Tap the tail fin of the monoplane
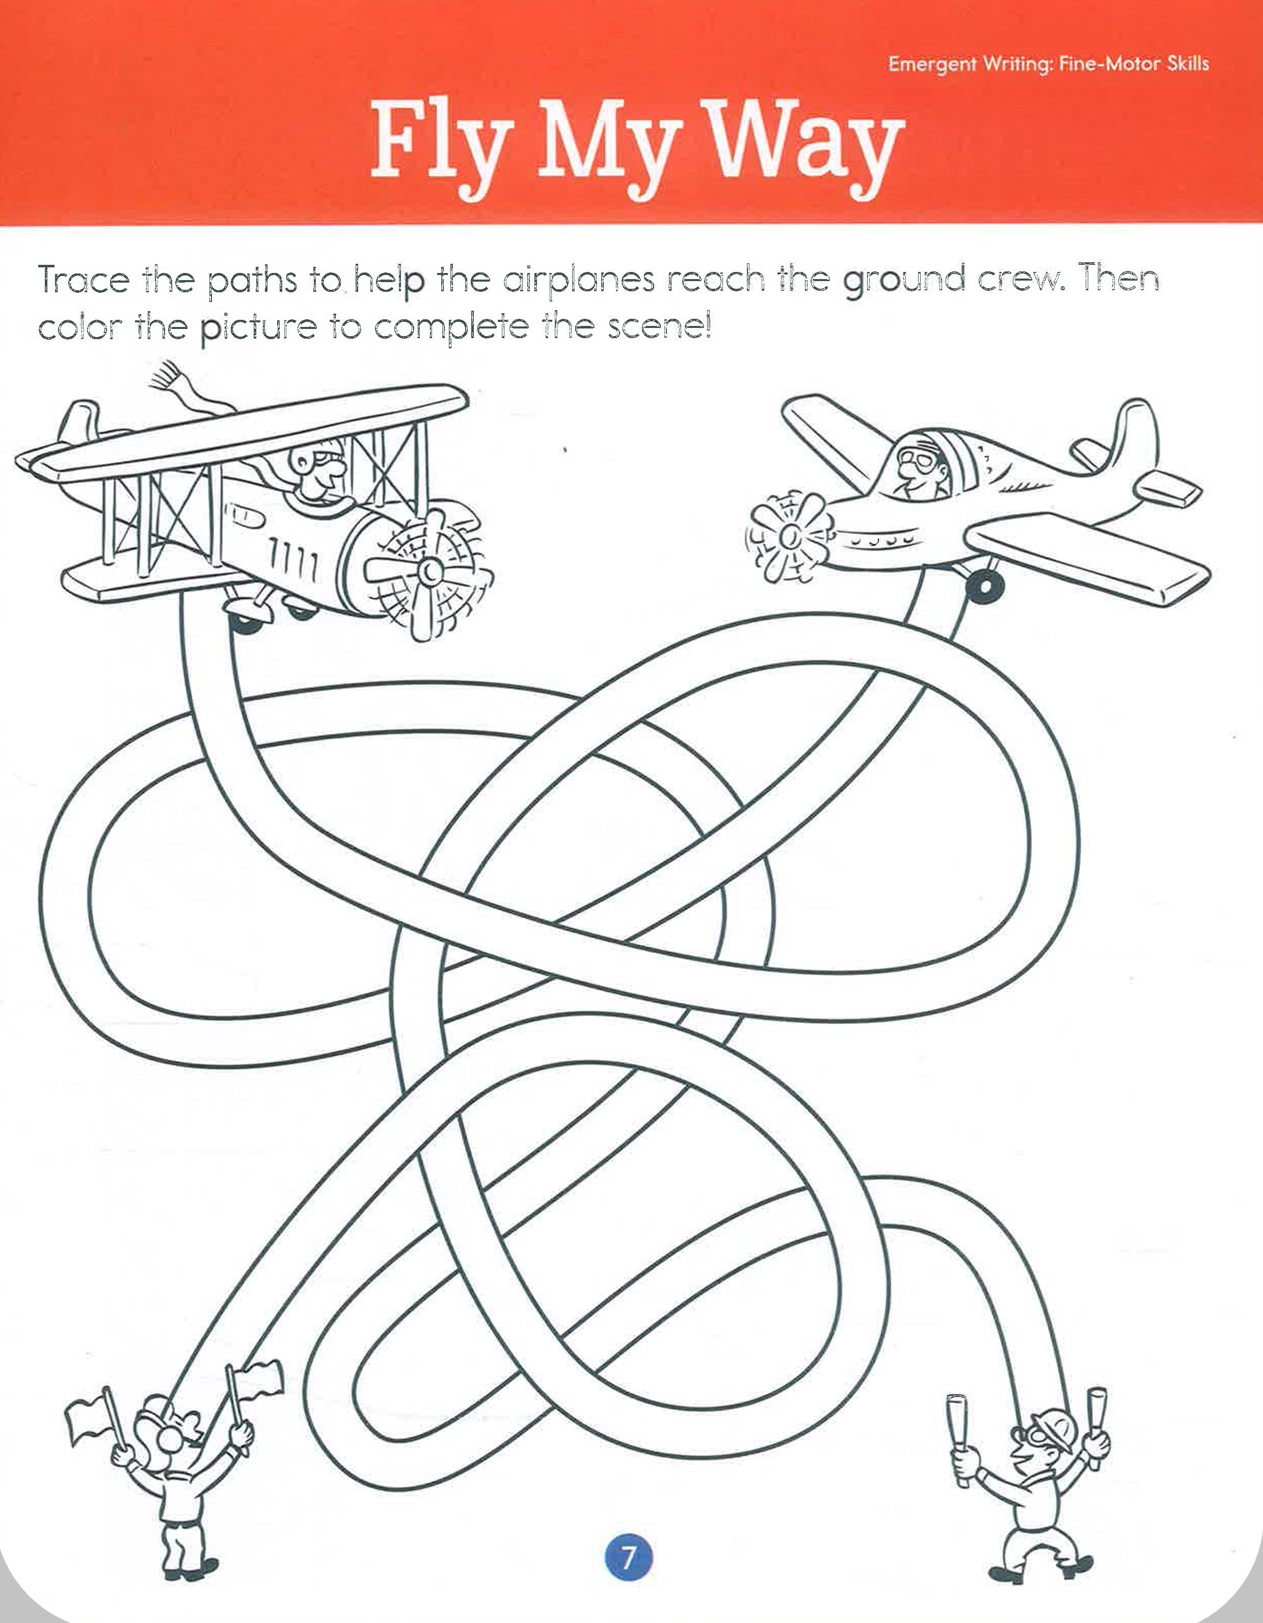click(1136, 435)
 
